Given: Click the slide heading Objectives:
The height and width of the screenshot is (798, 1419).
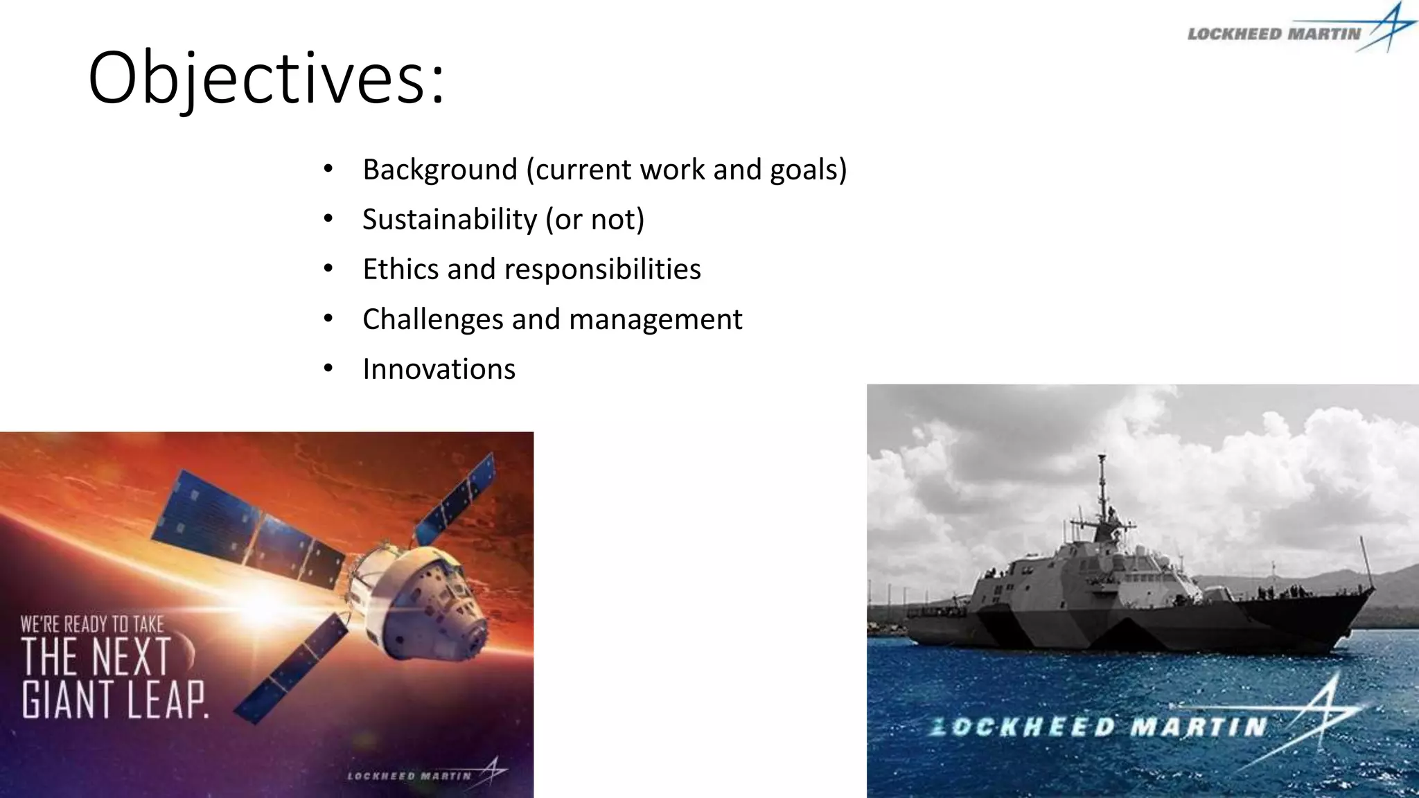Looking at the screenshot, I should tap(267, 78).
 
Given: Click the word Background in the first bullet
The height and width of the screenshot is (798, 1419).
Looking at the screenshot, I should tap(439, 170).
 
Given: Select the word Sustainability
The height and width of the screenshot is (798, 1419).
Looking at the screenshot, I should tap(450, 220).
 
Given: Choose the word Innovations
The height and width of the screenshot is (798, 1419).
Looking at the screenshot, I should tap(439, 369).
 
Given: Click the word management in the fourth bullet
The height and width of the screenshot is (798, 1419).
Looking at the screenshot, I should tap(655, 319).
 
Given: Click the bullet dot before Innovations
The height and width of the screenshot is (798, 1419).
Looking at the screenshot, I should tap(328, 369).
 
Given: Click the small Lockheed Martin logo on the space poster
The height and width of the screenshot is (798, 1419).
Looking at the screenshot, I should tap(426, 774).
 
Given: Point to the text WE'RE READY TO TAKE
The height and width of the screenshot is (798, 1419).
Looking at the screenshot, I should tap(92, 624).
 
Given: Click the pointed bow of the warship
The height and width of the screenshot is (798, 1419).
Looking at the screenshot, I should tap(1368, 592).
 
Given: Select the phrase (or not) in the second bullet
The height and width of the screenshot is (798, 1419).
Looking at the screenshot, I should tap(594, 220).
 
